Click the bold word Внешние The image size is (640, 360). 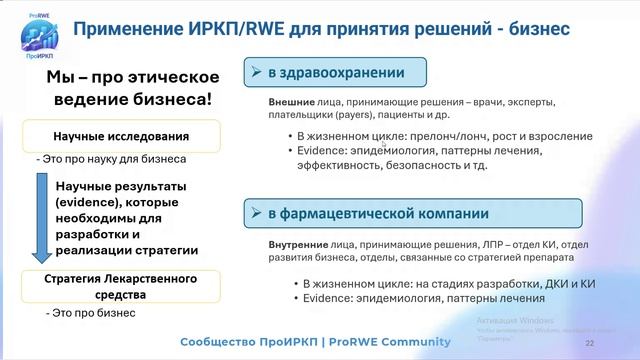coord(290,103)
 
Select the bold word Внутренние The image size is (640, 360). coord(295,243)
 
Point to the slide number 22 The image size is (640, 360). coord(589,343)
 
